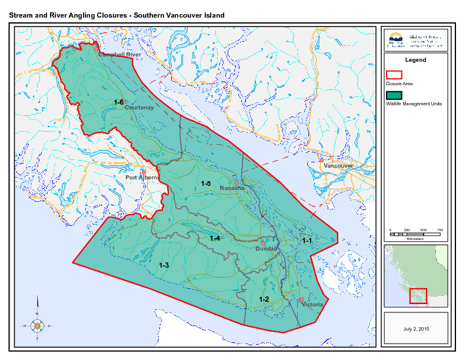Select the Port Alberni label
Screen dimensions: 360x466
pos(142,178)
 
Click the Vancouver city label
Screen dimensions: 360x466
pos(338,166)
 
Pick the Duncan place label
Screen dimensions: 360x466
pos(267,249)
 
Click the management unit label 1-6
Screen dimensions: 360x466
pos(119,102)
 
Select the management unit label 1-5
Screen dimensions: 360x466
pos(206,184)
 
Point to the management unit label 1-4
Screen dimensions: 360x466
pos(215,238)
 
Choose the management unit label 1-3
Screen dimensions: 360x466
pos(164,266)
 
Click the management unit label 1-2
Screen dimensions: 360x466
pos(264,299)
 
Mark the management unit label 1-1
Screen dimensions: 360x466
pos(307,241)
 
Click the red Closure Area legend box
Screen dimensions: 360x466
pos(394,75)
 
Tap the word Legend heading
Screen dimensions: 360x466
pos(415,60)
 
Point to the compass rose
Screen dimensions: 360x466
pos(37,325)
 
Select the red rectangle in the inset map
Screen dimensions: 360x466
pos(418,295)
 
